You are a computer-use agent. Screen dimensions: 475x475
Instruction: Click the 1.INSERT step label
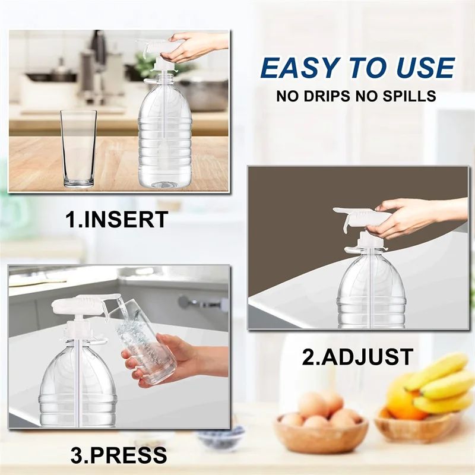tap(116, 220)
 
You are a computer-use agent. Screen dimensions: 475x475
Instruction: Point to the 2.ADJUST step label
tap(357, 357)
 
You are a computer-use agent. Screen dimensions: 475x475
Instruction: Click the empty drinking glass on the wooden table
tap(78, 148)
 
